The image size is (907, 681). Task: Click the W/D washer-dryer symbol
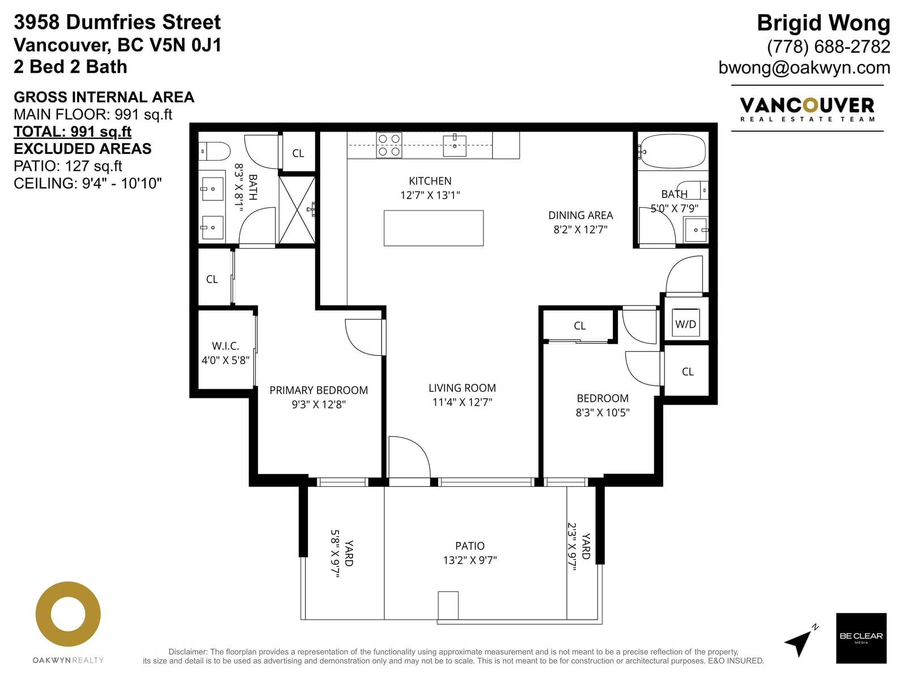point(685,322)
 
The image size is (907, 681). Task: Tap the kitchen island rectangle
point(434,228)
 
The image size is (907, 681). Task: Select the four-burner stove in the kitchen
point(389,145)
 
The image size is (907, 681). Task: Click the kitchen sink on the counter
point(455,145)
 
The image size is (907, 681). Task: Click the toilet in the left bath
point(214,152)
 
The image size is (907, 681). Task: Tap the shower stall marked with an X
point(297,210)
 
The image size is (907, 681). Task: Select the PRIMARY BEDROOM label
point(319,390)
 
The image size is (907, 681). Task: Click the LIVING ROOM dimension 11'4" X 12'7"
point(463,402)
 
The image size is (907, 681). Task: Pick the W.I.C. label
point(225,346)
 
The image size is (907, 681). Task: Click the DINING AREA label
point(580,215)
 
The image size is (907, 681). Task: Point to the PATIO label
point(470,546)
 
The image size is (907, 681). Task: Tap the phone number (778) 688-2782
point(829,47)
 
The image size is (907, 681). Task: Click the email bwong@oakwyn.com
point(804,68)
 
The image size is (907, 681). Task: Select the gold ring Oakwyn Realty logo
point(68,613)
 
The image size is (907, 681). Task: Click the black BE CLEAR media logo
point(861,638)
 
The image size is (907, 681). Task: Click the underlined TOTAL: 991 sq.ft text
point(73,132)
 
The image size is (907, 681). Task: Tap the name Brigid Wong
point(824,23)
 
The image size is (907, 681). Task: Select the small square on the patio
point(448,606)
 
